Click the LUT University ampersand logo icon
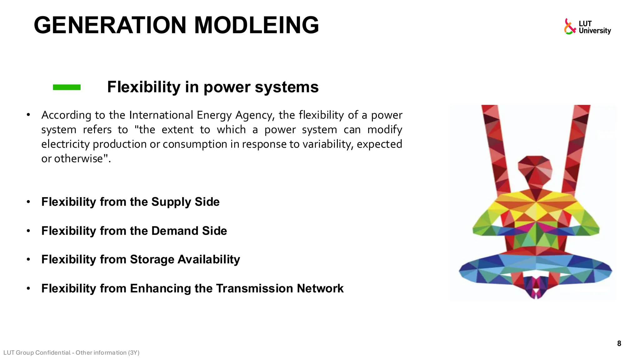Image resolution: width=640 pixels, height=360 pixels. coord(570,27)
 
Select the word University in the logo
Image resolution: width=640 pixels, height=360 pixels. coord(595,31)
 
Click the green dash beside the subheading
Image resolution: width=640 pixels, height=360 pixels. coord(67,87)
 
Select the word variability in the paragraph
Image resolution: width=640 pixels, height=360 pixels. coord(327,144)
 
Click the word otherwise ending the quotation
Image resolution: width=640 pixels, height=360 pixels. coord(78,159)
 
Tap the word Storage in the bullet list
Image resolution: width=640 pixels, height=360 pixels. coord(152,260)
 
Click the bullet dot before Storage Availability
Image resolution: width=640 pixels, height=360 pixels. coord(28,259)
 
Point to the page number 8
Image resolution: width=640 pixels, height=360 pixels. coord(619,344)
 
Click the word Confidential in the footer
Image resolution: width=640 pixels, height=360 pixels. coord(53,353)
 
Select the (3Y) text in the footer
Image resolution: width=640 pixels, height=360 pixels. coord(133,353)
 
